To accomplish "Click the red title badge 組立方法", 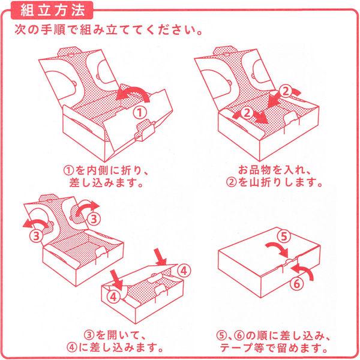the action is [x=52, y=10].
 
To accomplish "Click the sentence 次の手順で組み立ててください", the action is [x=109, y=30].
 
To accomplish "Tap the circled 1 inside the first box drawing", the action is [x=140, y=113].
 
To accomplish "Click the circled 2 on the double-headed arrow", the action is [x=247, y=113].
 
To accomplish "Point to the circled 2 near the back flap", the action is [x=286, y=91].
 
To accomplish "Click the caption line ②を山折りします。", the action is [x=274, y=182].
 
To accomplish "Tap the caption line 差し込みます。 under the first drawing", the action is [x=107, y=183].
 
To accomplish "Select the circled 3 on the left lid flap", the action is [x=37, y=236].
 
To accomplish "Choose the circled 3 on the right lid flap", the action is [x=94, y=219].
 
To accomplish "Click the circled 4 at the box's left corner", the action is [x=113, y=297].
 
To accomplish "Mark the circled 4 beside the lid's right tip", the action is [x=184, y=271].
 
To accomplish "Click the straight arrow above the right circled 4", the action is [x=161, y=257].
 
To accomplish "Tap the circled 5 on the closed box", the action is [x=284, y=236].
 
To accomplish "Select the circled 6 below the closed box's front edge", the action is [x=296, y=284].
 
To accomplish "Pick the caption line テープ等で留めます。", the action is [x=274, y=348].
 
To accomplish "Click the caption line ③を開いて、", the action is [x=115, y=335].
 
